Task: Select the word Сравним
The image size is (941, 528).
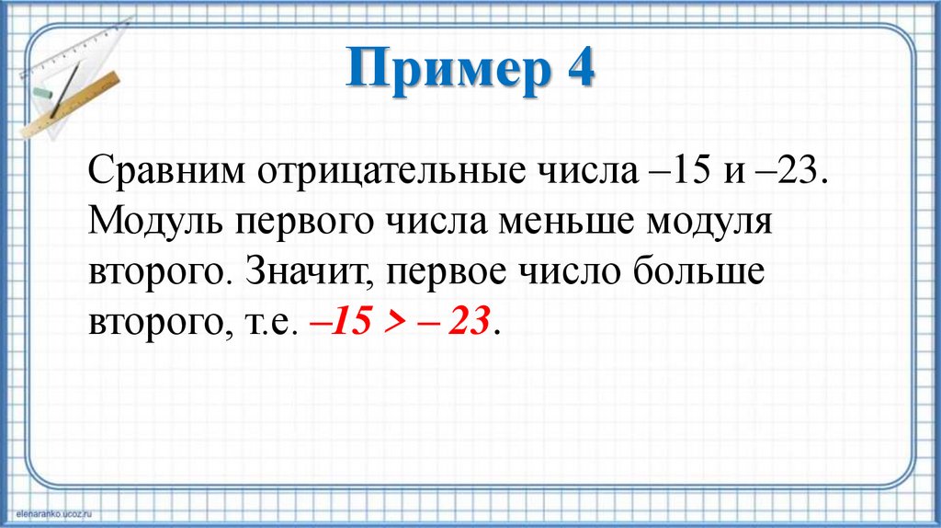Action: [x=170, y=172]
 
